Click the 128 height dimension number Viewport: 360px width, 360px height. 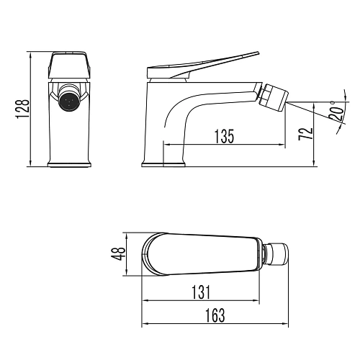pyautogui.click(x=23, y=110)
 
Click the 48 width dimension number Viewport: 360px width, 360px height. pyautogui.click(x=118, y=253)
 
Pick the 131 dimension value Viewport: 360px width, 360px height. pyautogui.click(x=202, y=292)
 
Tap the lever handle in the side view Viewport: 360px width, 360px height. pyautogui.click(x=209, y=63)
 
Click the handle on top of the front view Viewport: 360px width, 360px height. pyautogui.click(x=69, y=65)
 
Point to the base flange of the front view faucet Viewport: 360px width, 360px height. pyautogui.click(x=69, y=166)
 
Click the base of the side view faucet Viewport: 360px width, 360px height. pyautogui.click(x=164, y=166)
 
